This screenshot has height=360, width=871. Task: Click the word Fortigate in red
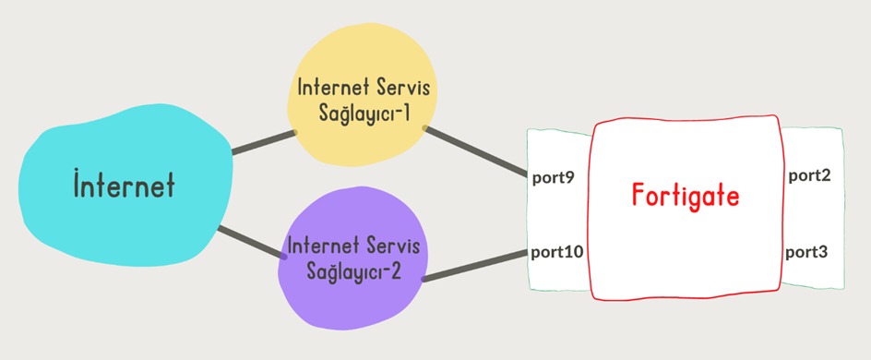pyautogui.click(x=686, y=196)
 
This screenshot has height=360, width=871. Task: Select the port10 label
pyautogui.click(x=557, y=250)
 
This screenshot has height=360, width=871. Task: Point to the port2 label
pyautogui.click(x=808, y=174)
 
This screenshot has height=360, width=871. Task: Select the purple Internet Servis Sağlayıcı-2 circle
pyautogui.click(x=352, y=277)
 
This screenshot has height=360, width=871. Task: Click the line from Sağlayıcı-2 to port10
pyautogui.click(x=475, y=264)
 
